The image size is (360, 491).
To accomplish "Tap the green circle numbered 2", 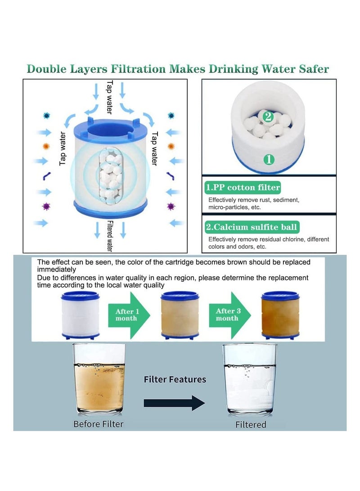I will coord(268,117).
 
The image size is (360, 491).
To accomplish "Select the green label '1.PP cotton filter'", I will coord(243,187).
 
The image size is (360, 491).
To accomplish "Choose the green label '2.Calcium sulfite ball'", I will coord(252,227).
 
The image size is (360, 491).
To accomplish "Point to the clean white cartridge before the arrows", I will coord(81,315).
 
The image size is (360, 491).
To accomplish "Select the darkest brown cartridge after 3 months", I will coord(280,315).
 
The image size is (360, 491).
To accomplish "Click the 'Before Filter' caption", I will coord(99,423).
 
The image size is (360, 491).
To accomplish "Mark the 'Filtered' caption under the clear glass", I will coord(251,424).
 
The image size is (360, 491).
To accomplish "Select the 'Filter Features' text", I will coord(175,379).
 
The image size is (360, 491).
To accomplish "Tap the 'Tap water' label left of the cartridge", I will coord(63,149).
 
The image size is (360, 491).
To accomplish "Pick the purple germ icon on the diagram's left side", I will coord(45,207).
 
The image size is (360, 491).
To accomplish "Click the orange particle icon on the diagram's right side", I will coord(171,146).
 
